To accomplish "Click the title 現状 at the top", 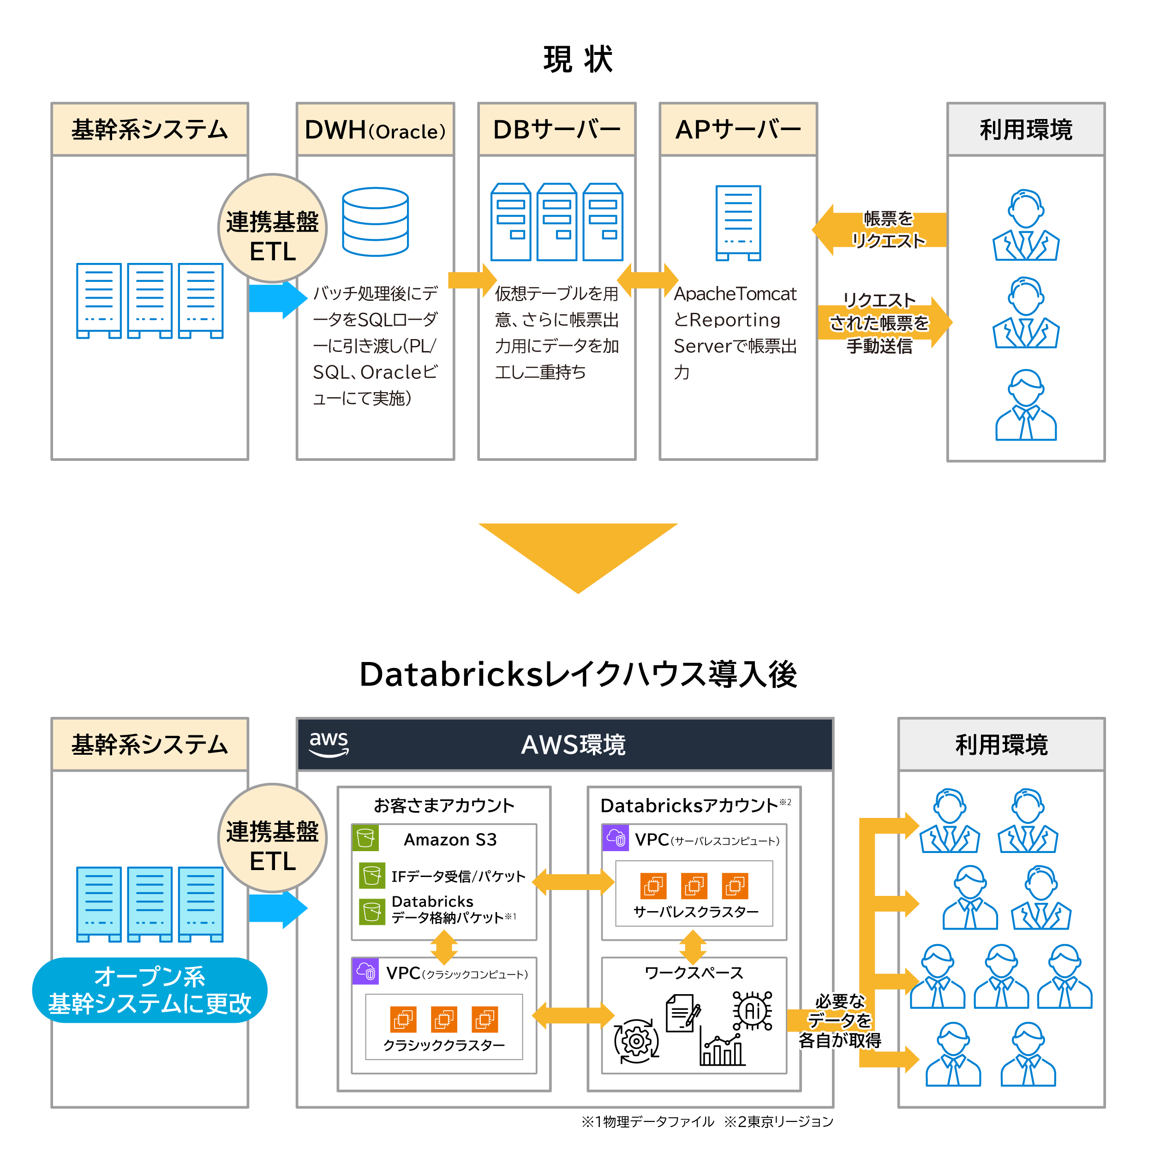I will pyautogui.click(x=578, y=60).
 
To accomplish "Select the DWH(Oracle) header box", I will pyautogui.click(x=375, y=130).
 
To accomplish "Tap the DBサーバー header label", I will pyautogui.click(x=556, y=130).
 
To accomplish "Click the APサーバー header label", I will pyautogui.click(x=738, y=130).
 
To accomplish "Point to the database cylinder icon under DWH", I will pyautogui.click(x=375, y=222).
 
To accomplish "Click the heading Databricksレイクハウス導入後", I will pyautogui.click(x=578, y=674).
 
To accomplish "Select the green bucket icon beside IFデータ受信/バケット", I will pyautogui.click(x=371, y=875).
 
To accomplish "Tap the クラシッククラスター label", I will pyautogui.click(x=444, y=1045).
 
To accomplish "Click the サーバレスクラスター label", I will pyautogui.click(x=696, y=912).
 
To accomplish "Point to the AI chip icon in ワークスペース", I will pyautogui.click(x=752, y=1010).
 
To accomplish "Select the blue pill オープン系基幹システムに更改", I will pyautogui.click(x=149, y=990).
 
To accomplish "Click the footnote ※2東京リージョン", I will pyautogui.click(x=778, y=1121).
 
